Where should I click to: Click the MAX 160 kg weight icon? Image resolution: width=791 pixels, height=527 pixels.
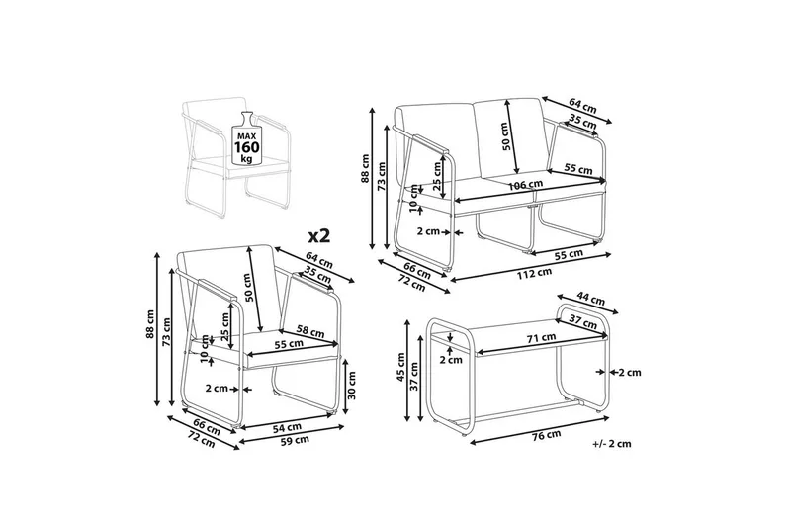(246, 138)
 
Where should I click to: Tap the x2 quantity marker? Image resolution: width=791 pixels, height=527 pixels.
(318, 235)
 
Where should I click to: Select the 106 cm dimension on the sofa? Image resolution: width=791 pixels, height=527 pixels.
(526, 185)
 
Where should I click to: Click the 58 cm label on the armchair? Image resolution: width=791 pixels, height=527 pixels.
(309, 333)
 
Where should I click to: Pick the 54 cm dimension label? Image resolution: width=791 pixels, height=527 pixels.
(287, 428)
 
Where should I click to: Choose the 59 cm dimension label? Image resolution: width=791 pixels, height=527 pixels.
(295, 440)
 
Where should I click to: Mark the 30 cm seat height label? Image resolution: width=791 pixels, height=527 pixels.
(351, 385)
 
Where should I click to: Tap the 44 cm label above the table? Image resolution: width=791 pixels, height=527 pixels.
(590, 300)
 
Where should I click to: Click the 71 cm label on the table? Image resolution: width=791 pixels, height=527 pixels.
(541, 337)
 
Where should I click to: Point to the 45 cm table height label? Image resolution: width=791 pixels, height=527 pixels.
(401, 366)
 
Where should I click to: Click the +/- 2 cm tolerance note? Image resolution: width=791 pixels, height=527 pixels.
(612, 444)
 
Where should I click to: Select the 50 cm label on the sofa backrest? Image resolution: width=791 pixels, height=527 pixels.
(507, 136)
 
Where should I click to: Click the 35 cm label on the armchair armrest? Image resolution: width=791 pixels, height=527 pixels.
(316, 275)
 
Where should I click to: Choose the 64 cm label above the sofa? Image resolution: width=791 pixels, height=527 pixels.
(582, 105)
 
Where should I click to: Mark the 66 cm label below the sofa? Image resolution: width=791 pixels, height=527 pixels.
(416, 271)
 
